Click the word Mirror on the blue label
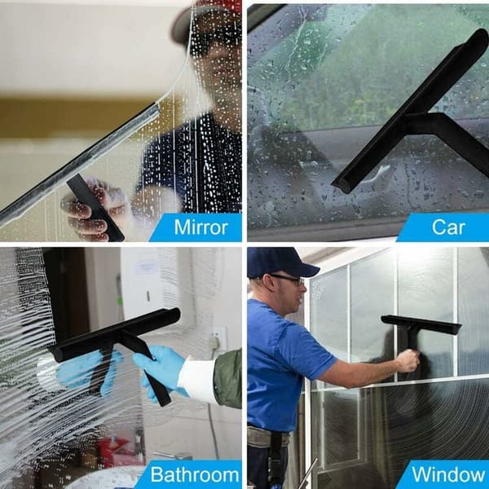pos(200,227)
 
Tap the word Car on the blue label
pos(448,227)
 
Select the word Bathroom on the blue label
pos(195,474)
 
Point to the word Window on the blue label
pos(448,474)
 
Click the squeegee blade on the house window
pos(421,324)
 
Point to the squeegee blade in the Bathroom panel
pos(115,334)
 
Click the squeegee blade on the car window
pos(410,111)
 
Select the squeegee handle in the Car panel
pos(452,137)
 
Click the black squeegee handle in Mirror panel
pos(95,207)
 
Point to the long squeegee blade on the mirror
pos(80,164)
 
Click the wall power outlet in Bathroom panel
pos(218,339)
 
